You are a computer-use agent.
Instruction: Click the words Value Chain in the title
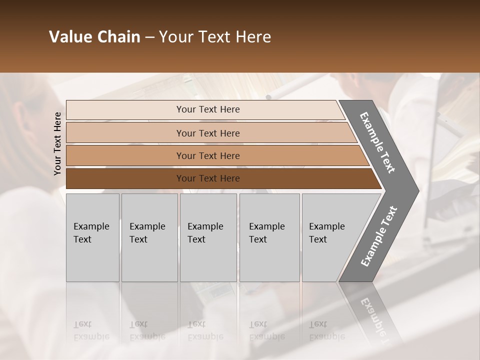coord(94,37)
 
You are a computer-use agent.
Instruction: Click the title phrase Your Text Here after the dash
coord(215,37)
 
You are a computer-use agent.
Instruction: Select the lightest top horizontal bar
coord(125,109)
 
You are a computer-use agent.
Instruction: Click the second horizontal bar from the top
coord(125,133)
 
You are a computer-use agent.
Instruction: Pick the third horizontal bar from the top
coord(125,155)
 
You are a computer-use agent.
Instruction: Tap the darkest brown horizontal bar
coord(125,178)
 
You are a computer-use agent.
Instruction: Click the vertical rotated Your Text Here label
coord(57,143)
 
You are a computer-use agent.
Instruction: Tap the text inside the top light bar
coord(208,109)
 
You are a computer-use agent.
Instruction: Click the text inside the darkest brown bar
coord(208,178)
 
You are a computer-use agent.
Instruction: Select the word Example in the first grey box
coord(91,226)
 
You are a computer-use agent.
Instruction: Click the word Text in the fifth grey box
coord(317,239)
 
